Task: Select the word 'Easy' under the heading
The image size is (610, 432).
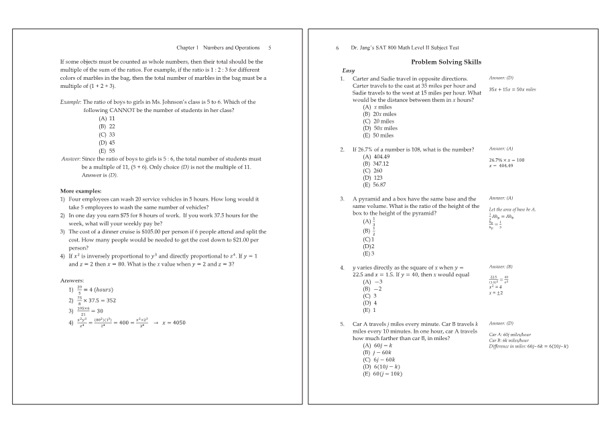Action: pos(349,70)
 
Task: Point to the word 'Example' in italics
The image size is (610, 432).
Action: pos(70,102)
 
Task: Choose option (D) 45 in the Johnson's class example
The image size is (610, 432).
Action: pos(107,142)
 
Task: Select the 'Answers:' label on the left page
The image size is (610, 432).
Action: pos(72,280)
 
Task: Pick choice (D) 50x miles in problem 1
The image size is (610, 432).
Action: pos(380,128)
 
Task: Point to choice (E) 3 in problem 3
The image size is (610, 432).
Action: pos(368,254)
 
